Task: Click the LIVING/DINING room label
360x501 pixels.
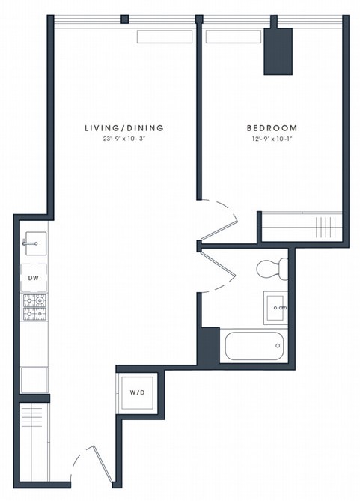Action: [124, 128]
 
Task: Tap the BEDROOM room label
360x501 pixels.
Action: [272, 128]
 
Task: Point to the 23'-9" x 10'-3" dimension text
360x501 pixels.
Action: [124, 139]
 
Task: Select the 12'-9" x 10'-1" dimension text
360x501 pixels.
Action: [272, 139]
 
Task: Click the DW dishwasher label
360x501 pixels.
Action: [34, 278]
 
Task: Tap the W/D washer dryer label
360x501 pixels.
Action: [138, 392]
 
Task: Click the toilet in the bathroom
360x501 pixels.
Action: [272, 269]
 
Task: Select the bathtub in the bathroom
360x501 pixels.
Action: [254, 346]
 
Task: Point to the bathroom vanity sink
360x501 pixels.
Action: [275, 307]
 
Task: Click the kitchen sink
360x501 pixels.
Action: [35, 243]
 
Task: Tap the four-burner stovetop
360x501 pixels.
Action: [34, 307]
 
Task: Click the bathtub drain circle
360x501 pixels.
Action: [278, 346]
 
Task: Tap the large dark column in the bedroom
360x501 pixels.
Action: [278, 51]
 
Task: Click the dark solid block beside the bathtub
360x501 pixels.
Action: [209, 346]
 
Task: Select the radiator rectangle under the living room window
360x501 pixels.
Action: [165, 37]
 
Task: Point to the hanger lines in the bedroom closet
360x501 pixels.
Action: [326, 228]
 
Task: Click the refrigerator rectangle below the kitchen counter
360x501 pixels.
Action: [34, 380]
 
